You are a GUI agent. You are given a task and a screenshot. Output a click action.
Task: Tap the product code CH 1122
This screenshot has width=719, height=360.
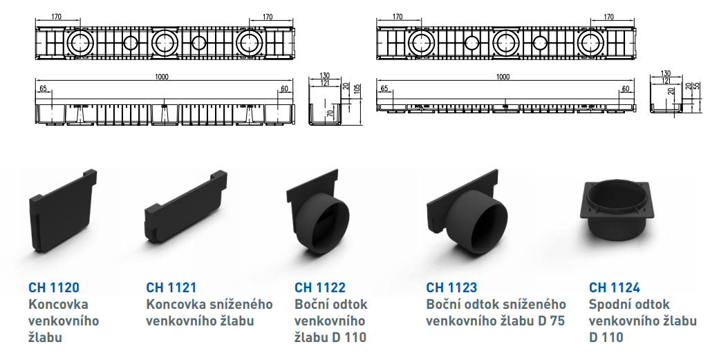pos(320,287)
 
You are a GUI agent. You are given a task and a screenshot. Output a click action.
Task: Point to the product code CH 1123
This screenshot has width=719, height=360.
pos(451,287)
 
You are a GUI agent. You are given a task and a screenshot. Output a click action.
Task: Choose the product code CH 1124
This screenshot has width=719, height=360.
pos(615,287)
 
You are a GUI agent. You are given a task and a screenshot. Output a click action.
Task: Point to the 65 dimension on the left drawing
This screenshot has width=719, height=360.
pos(43,89)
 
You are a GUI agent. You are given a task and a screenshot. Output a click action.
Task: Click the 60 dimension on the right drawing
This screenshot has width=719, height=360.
pos(626,89)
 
